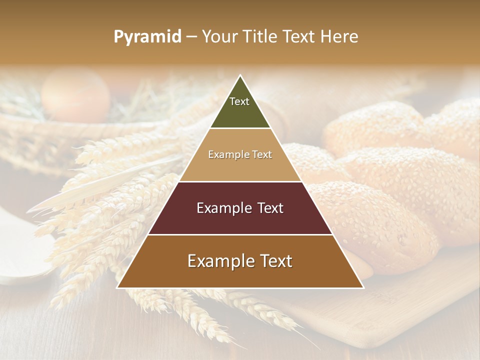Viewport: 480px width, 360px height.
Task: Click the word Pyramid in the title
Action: pos(147,37)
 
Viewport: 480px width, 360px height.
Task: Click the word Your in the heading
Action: pos(219,37)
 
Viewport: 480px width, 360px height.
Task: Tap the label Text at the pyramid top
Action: pos(239,101)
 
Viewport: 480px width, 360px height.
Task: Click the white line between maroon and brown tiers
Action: pos(240,234)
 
